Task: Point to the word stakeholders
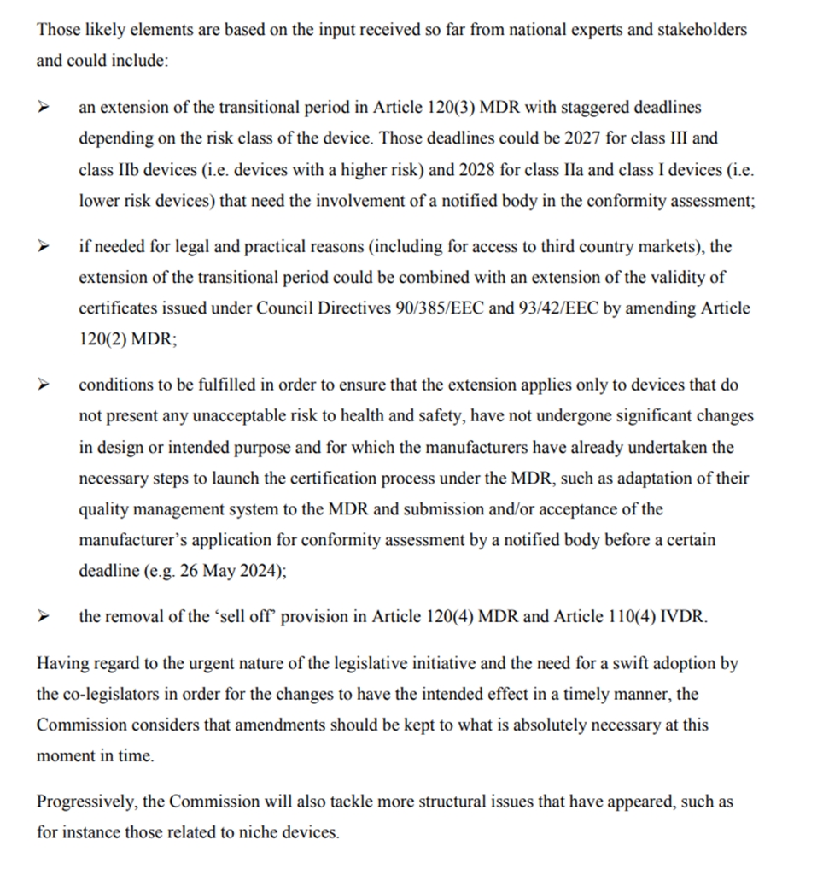pyautogui.click(x=704, y=30)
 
